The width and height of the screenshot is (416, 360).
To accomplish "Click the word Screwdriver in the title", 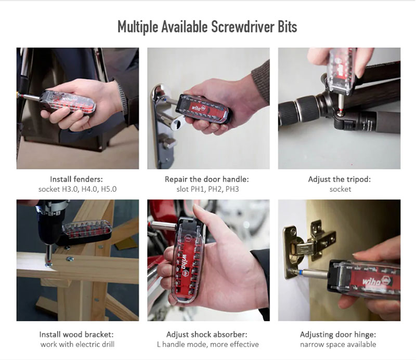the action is pyautogui.click(x=243, y=26).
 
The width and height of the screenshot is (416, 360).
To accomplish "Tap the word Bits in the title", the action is pyautogui.click(x=288, y=26).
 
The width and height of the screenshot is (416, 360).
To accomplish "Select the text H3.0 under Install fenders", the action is pyautogui.click(x=70, y=189).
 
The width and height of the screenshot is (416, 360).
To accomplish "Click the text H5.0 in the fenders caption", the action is pyautogui.click(x=109, y=189).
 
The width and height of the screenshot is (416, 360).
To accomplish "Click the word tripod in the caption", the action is pyautogui.click(x=357, y=179).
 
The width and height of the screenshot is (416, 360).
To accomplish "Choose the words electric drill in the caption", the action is pyautogui.click(x=95, y=344).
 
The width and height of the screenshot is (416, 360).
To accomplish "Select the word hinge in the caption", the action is pyautogui.click(x=365, y=335).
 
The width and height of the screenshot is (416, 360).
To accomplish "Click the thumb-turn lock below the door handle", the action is pyautogui.click(x=166, y=142).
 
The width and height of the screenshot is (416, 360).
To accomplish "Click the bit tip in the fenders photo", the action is pyautogui.click(x=18, y=95).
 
